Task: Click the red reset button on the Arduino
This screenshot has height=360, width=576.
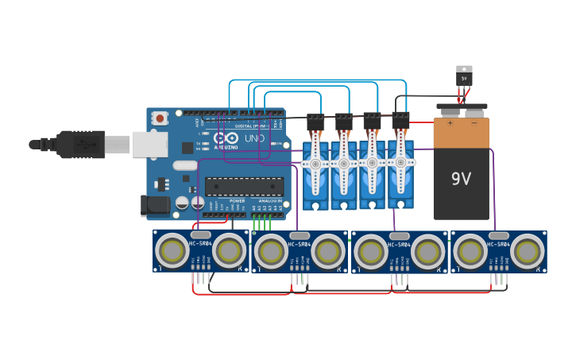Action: pos(160,118)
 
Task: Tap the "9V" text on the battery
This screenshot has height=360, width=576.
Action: pos(461,178)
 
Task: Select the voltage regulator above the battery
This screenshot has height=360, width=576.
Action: pos(464,77)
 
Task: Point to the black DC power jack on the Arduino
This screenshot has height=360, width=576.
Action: pos(155,206)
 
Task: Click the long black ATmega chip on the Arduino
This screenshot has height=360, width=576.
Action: pos(245,186)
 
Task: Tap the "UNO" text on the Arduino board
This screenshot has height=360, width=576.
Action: pos(254,138)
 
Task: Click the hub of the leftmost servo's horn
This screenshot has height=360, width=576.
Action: pos(315,164)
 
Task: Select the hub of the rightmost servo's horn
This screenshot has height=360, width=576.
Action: pos(400,162)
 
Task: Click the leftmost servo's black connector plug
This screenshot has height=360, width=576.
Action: pos(315,122)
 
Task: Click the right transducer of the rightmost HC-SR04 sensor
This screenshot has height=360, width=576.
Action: pos(527,252)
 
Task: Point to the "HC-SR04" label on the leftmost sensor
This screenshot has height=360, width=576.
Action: pos(201,244)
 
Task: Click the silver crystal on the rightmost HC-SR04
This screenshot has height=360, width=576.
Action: pos(498,235)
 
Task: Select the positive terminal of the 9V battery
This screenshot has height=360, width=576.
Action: pos(450,123)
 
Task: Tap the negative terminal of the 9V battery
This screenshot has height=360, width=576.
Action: pos(474,123)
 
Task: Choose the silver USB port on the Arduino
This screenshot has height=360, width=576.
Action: pos(149,144)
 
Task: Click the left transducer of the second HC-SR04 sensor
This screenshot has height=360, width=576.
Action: pos(271,252)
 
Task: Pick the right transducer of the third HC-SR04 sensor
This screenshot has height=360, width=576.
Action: pos(427,252)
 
